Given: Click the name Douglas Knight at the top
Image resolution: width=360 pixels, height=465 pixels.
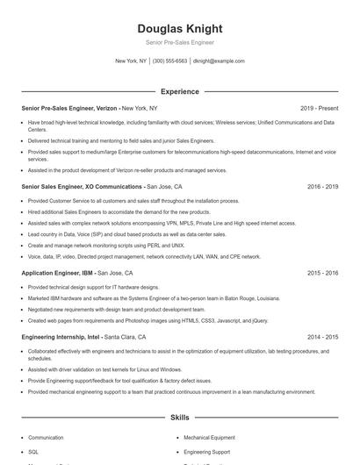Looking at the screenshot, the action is pyautogui.click(x=179, y=28).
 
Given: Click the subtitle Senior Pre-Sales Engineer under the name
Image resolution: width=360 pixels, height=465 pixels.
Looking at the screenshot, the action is pyautogui.click(x=179, y=42).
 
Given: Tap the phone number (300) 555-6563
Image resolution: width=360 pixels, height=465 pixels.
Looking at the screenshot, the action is pyautogui.click(x=169, y=61).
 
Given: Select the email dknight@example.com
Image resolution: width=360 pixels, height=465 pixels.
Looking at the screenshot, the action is pyautogui.click(x=219, y=61).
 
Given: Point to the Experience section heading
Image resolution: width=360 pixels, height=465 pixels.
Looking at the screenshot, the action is pyautogui.click(x=179, y=91).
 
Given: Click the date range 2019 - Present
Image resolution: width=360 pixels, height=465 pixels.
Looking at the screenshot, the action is pyautogui.click(x=319, y=108).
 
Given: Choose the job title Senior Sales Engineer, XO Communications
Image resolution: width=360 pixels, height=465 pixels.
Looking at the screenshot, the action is pyautogui.click(x=83, y=187).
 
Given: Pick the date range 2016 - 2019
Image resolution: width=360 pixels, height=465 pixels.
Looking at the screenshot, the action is pyautogui.click(x=322, y=187).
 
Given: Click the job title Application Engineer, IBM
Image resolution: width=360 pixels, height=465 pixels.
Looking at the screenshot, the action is pyautogui.click(x=57, y=273).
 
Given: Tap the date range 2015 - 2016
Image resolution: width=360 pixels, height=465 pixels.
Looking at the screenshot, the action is pyautogui.click(x=322, y=273).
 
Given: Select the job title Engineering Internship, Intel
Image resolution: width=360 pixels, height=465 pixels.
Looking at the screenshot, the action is pyautogui.click(x=61, y=336).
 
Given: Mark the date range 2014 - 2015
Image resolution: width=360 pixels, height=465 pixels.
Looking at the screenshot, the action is pyautogui.click(x=322, y=336).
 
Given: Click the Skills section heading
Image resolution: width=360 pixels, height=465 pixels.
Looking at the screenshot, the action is pyautogui.click(x=179, y=418).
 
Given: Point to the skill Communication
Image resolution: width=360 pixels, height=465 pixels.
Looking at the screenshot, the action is pyautogui.click(x=46, y=437).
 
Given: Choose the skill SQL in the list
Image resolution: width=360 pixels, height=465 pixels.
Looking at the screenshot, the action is pyautogui.click(x=33, y=451).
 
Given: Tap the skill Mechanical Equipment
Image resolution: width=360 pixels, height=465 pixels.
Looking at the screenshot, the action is pyautogui.click(x=209, y=437).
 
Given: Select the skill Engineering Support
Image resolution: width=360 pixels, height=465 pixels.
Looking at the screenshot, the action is pyautogui.click(x=206, y=451).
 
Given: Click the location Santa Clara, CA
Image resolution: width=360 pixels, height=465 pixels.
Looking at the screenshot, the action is pyautogui.click(x=125, y=336).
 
